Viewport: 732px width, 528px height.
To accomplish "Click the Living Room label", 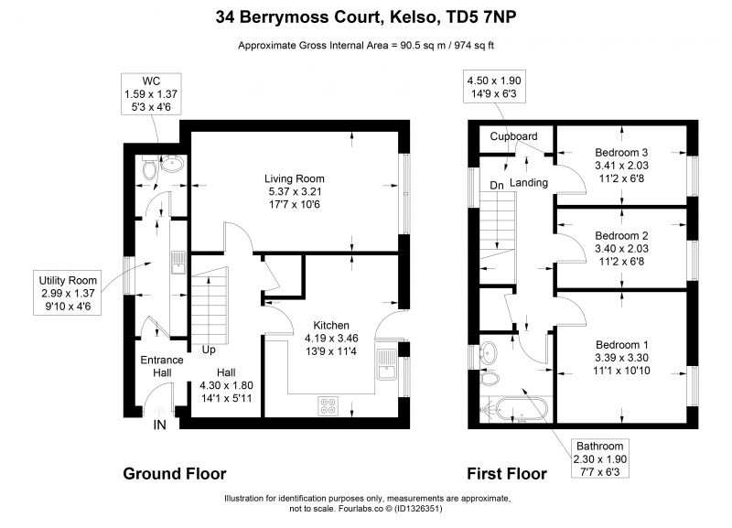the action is (294, 178).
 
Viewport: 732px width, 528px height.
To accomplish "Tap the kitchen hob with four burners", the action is (328, 405).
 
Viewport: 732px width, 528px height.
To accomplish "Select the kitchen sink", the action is (387, 364).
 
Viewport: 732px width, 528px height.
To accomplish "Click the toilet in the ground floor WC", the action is (150, 170).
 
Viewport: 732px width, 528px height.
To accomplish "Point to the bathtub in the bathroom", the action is (522, 409).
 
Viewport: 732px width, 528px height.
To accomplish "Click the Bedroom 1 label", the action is (622, 345).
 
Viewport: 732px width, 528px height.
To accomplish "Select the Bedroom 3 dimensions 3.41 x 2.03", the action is (621, 166).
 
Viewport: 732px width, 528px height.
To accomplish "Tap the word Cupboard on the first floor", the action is (513, 136).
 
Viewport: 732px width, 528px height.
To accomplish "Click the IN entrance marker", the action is (159, 425).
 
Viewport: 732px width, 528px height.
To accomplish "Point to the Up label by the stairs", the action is (209, 350).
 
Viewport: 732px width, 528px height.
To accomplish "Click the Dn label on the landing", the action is (497, 186).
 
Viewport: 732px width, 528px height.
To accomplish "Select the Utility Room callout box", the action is (67, 293).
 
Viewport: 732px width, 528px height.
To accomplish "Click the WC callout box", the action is (151, 93).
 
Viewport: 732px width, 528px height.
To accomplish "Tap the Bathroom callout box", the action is (600, 458).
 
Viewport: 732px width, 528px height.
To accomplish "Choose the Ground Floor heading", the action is (175, 474).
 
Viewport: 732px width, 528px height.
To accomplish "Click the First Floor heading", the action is (507, 474).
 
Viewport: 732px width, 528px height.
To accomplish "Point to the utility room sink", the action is (178, 263).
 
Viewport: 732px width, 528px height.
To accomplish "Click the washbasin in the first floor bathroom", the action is (489, 352).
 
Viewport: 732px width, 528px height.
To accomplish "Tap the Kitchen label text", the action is (331, 326).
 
